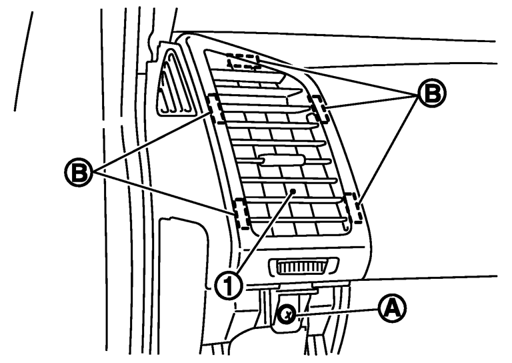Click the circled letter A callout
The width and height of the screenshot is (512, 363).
[392, 309]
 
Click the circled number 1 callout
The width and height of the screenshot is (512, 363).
[229, 286]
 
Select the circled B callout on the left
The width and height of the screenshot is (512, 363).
[79, 172]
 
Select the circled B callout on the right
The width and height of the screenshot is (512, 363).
[432, 93]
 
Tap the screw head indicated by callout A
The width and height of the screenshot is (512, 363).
[287, 315]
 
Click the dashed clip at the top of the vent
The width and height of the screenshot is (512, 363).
[244, 62]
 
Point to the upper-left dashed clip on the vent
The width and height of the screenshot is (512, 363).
[216, 109]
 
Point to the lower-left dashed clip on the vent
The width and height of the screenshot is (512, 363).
[242, 213]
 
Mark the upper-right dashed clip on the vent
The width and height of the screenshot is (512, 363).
[319, 109]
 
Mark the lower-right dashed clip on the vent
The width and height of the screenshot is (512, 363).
[353, 208]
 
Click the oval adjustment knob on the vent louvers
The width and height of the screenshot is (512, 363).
[282, 160]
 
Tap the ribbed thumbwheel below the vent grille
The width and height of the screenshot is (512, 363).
[303, 266]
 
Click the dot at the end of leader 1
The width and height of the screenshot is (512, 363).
[293, 191]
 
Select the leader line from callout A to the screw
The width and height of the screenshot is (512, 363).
[337, 312]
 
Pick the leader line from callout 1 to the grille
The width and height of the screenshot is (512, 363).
[265, 233]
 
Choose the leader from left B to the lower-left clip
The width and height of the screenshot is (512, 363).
[164, 193]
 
